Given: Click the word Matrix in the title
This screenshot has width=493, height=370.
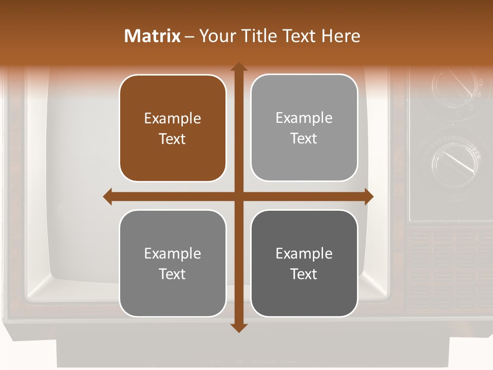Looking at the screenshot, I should point(153,36).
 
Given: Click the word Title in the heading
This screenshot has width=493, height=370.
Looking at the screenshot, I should point(256,36).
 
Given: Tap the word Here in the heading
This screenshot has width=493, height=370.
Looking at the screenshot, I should point(340,36).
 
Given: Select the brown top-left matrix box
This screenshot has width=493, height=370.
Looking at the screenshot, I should point(173,128).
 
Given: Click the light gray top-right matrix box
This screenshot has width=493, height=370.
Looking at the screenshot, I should point(304,128).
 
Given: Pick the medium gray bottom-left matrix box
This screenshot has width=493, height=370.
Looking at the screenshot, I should point(173,263).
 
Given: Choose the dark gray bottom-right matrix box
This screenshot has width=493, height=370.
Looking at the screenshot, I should point(304,263).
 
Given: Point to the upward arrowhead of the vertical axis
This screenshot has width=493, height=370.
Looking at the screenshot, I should point(238,67).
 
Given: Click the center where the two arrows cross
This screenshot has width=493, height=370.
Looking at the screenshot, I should point(238,196).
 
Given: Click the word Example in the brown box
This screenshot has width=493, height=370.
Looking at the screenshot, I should point(173,118).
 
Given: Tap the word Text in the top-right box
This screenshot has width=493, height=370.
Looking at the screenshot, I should point(304,139).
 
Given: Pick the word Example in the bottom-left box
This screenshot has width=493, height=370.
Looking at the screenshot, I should point(173,253).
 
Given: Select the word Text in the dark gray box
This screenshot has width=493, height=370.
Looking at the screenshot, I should point(304,274).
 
